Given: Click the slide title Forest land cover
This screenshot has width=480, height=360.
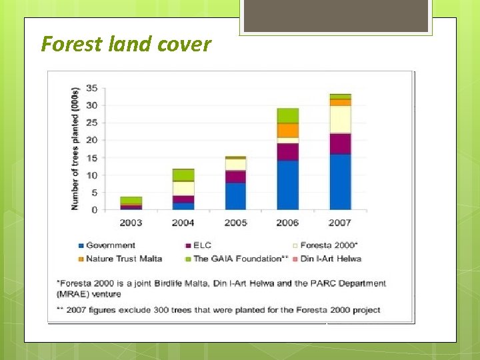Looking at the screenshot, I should (126, 44).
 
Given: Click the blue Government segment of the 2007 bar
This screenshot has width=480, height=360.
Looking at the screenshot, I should (340, 182).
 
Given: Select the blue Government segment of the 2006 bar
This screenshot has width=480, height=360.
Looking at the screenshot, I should (288, 185).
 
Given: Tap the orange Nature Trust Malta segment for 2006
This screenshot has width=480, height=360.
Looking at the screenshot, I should (288, 130).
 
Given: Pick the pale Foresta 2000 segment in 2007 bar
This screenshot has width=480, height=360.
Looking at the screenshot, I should (340, 119).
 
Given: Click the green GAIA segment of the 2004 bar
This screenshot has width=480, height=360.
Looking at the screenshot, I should (183, 175).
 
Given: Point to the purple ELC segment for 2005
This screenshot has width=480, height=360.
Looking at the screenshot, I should (235, 177).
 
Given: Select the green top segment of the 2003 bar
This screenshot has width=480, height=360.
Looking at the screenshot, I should (131, 200).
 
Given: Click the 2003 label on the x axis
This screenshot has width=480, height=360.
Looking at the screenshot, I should (131, 223).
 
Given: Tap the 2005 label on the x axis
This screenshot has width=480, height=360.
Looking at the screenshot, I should (235, 223).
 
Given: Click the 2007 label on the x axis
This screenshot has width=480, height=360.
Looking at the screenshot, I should (340, 223).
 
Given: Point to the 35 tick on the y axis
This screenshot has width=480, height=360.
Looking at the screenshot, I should (92, 88).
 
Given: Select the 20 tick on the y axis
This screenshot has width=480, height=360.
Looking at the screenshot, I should (92, 140).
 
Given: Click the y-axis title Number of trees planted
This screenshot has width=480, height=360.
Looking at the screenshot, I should (75, 149).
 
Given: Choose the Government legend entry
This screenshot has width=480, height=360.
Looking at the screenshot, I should (111, 245).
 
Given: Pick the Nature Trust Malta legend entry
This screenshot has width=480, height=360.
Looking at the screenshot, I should (124, 259).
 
